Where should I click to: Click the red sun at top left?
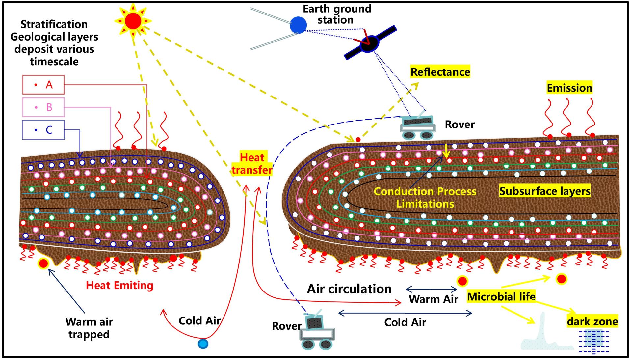click(x=133, y=21)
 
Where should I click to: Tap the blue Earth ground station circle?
click(x=298, y=25)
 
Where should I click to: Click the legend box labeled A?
click(x=43, y=85)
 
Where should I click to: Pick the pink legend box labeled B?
click(x=43, y=107)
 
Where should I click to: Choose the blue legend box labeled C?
click(x=43, y=130)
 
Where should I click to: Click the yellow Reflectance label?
click(x=440, y=72)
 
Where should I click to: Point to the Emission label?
click(x=569, y=88)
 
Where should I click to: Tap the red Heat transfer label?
click(x=252, y=164)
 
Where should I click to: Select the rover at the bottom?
click(x=317, y=332)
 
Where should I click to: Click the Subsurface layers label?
click(x=545, y=191)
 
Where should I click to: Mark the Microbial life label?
click(x=501, y=297)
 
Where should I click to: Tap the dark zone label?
click(x=592, y=321)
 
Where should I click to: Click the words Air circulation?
click(x=349, y=289)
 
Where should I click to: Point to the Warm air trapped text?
click(x=89, y=328)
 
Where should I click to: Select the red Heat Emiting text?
click(x=119, y=285)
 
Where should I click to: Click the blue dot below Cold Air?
click(x=203, y=344)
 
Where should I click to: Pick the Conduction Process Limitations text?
click(x=425, y=197)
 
